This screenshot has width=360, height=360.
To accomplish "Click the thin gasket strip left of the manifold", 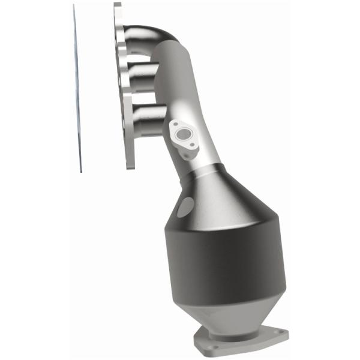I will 77,90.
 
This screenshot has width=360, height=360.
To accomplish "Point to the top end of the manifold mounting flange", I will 117,7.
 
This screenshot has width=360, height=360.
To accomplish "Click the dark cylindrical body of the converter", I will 222,264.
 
